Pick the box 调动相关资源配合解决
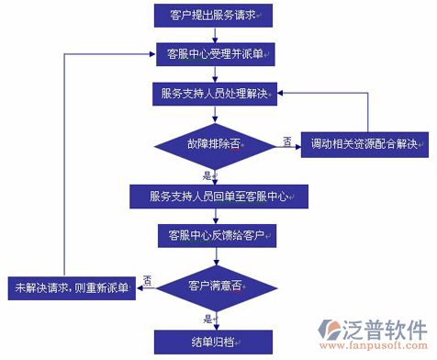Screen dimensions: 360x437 365,145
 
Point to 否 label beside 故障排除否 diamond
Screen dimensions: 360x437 287,140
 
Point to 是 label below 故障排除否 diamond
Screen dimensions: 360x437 207,174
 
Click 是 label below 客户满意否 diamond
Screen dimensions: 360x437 207,318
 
